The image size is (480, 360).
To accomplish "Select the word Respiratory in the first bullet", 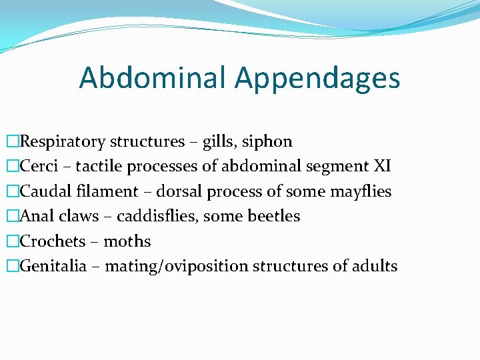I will (x=63, y=142).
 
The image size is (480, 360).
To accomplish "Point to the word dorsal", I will (x=178, y=192).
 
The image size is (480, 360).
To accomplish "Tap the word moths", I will (x=127, y=241).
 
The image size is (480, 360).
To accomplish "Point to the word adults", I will (x=375, y=267).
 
